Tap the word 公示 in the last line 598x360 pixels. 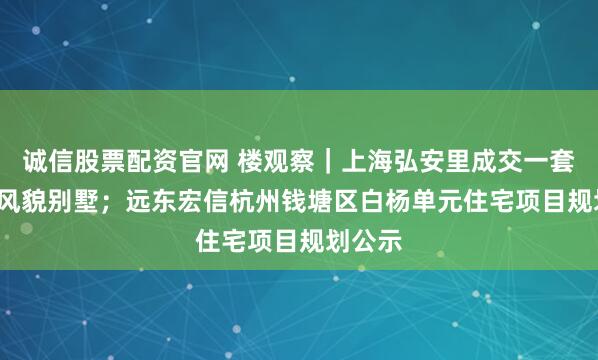click(386, 242)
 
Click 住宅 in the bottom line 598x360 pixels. click(211, 242)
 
